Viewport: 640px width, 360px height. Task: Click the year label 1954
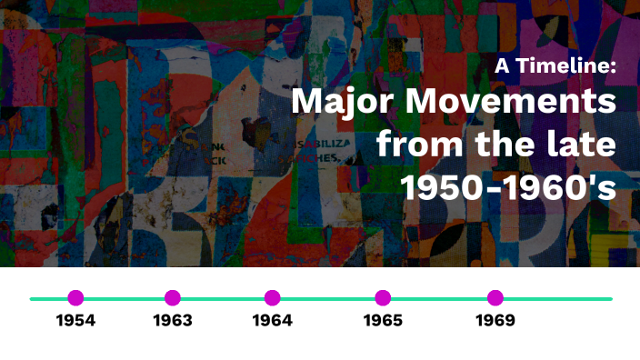(75, 320)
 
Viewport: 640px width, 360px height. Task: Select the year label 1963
(173, 320)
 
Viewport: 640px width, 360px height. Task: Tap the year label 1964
(272, 320)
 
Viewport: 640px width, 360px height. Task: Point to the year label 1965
(383, 320)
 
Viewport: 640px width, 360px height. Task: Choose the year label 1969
(495, 320)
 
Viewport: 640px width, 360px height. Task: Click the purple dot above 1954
(75, 297)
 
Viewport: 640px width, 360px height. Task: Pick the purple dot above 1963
(173, 297)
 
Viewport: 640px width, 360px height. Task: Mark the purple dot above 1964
(272, 297)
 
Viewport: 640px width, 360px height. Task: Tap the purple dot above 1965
(383, 297)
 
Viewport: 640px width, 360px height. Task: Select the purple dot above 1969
(495, 297)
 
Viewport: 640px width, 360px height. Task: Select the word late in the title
(583, 143)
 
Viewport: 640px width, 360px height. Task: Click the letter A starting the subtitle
(501, 65)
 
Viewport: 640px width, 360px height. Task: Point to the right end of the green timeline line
(610, 298)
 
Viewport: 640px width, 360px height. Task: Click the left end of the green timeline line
(32, 298)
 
